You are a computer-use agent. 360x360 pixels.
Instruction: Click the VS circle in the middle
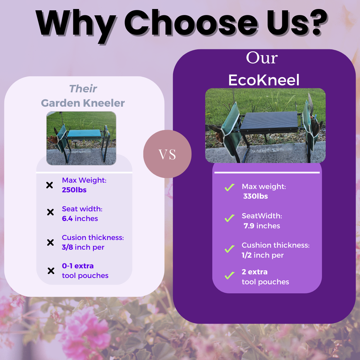click(x=167, y=154)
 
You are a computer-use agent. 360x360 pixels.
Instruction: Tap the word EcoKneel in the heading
click(x=264, y=80)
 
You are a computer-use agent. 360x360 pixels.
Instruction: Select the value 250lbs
click(x=74, y=190)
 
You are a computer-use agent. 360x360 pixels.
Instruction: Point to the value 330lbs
click(x=256, y=196)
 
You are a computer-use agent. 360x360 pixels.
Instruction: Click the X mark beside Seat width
click(x=50, y=212)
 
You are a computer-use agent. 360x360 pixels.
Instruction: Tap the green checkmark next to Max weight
click(x=230, y=187)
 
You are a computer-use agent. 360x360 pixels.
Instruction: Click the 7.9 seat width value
click(x=249, y=226)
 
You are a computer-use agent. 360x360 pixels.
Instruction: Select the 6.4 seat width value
click(x=67, y=218)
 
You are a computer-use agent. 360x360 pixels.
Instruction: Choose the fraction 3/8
click(x=67, y=247)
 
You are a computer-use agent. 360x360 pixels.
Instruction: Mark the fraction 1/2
click(x=247, y=255)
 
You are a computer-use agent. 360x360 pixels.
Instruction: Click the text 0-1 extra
click(x=78, y=266)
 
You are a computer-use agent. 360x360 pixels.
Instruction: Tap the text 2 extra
click(x=255, y=272)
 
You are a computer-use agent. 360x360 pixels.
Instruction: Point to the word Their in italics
click(x=83, y=89)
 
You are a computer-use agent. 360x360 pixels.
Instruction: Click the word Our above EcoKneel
click(x=262, y=58)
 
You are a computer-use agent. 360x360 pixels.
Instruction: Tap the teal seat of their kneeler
click(x=84, y=134)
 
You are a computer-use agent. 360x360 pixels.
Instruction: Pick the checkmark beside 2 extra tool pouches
click(x=230, y=276)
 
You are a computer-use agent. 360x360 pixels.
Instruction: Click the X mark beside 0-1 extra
click(x=51, y=271)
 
